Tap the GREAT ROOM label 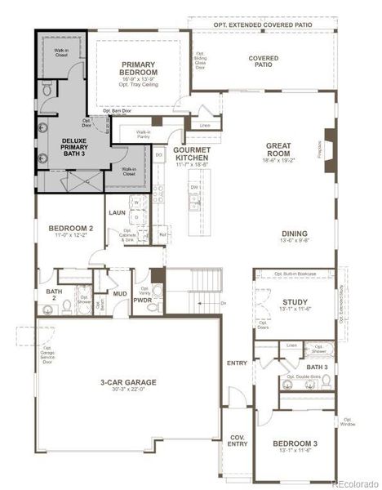tap(278, 150)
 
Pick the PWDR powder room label tap(144, 300)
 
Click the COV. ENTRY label tap(238, 440)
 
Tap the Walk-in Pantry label tap(143, 135)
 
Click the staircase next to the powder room tap(192, 291)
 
